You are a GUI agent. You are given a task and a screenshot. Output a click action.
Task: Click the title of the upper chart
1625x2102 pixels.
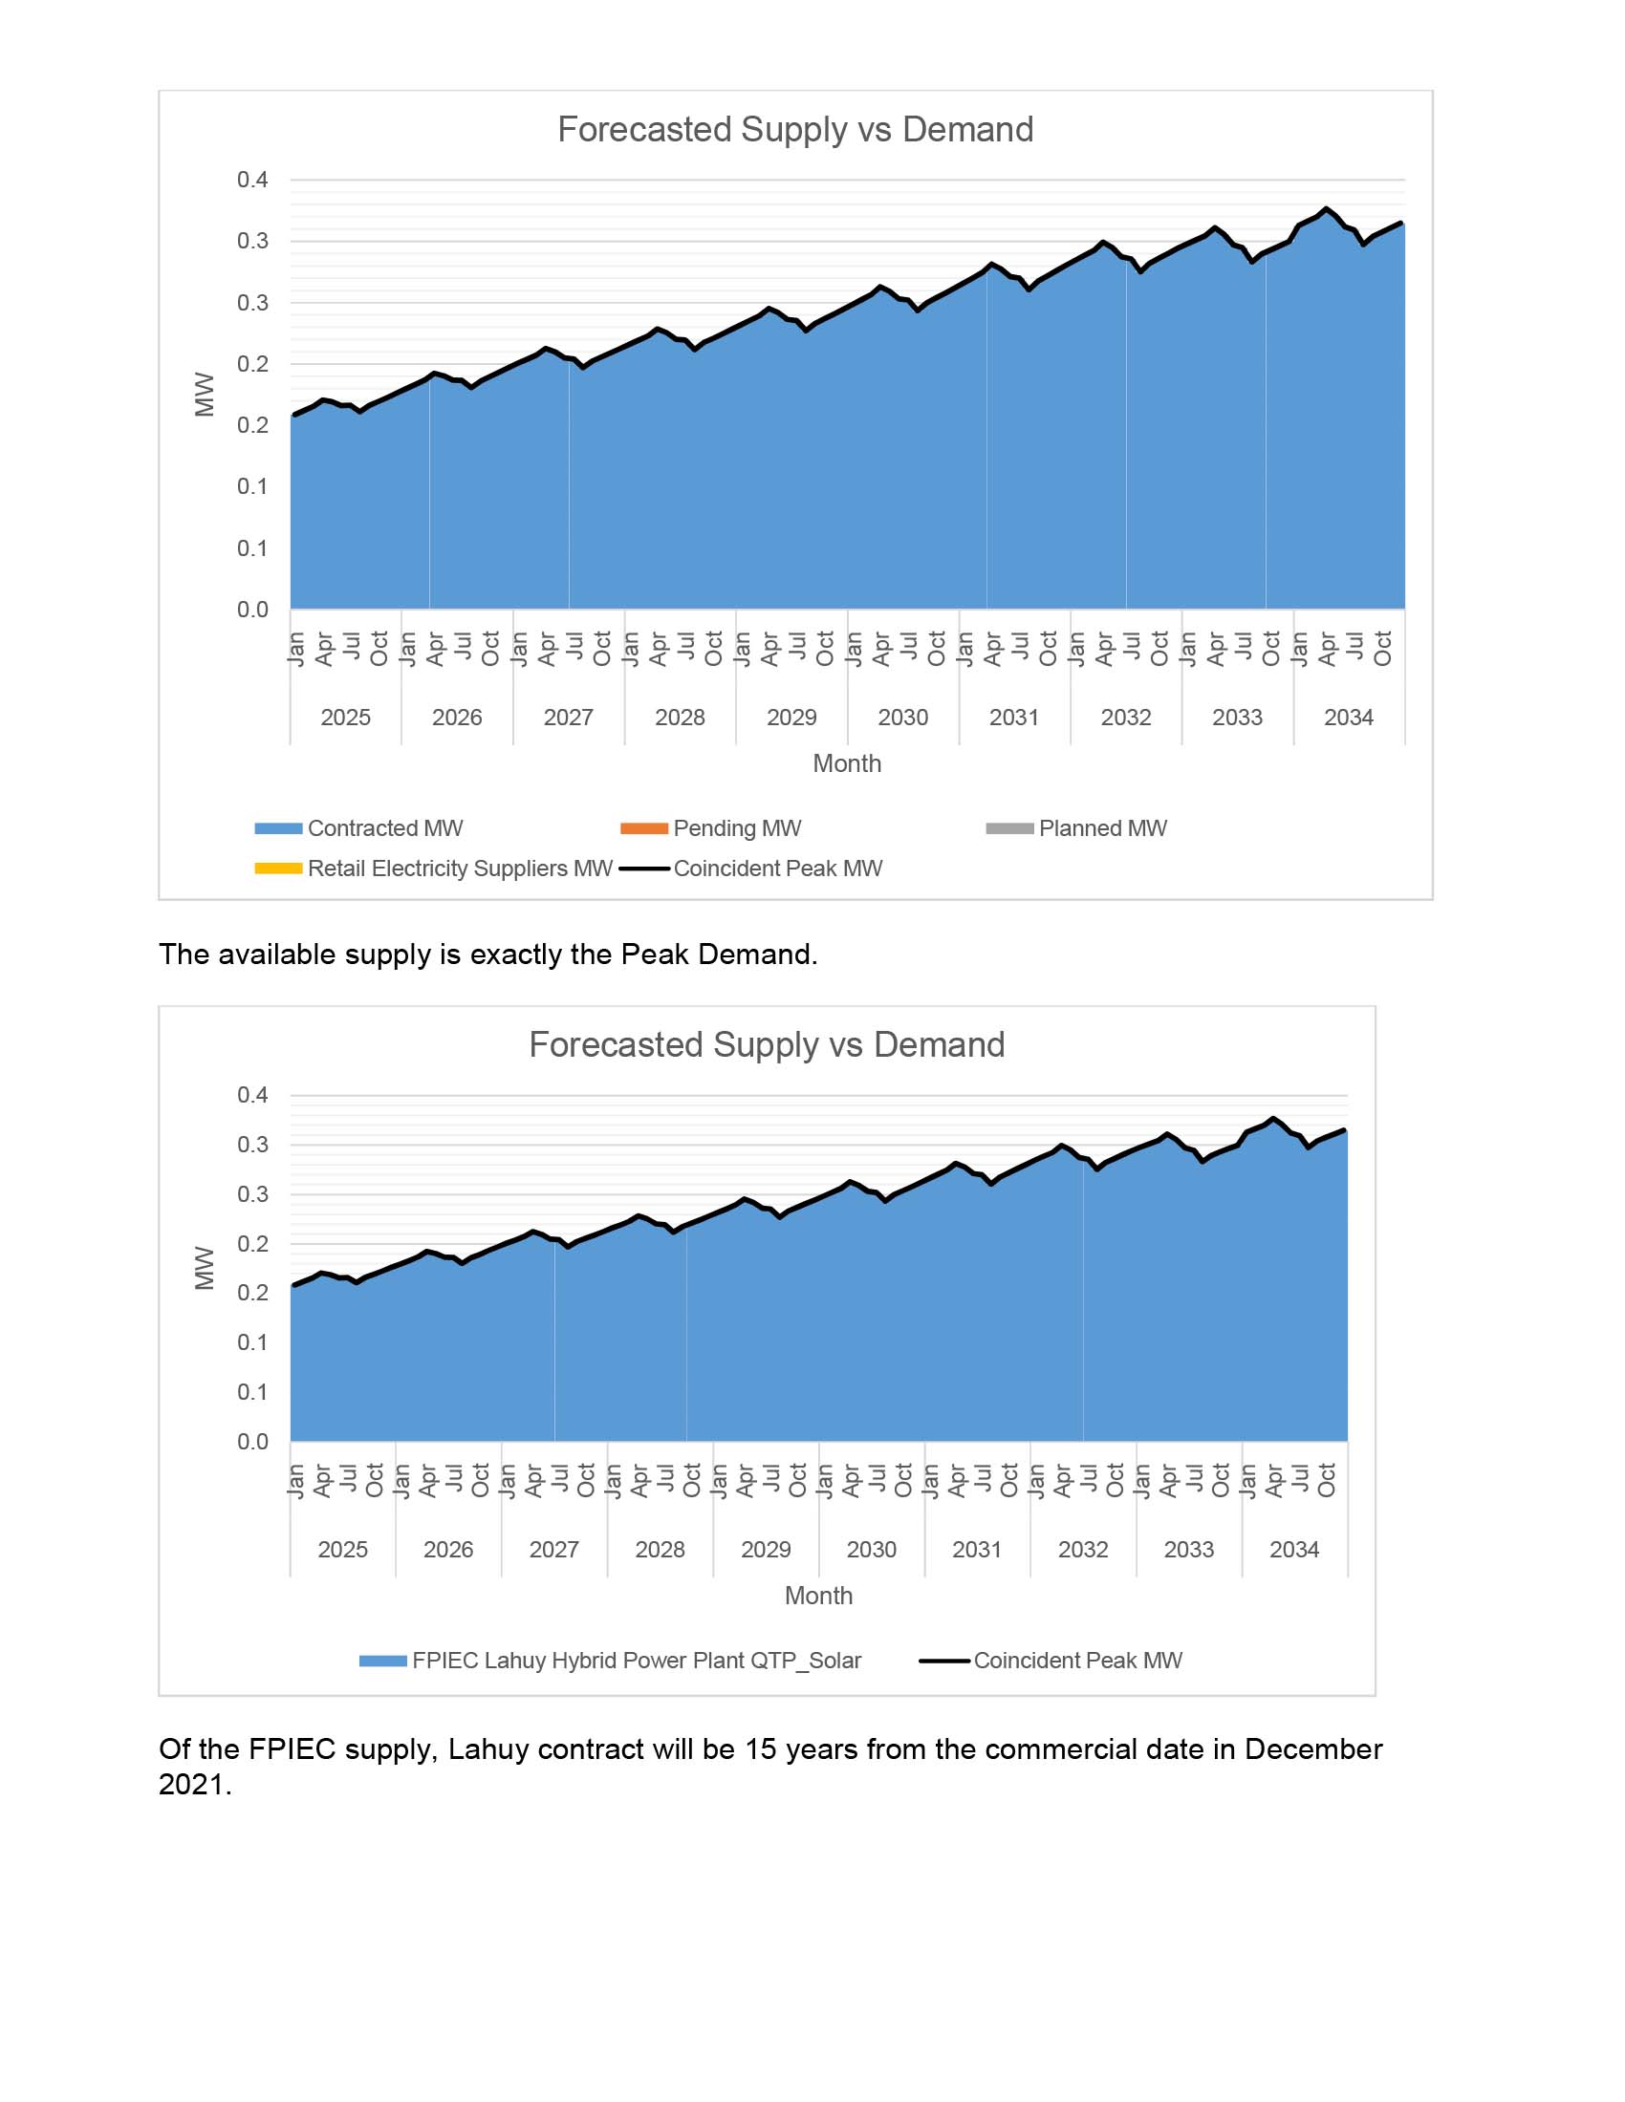(795, 129)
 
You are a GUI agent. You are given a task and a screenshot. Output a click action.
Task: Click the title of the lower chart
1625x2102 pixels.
(767, 1044)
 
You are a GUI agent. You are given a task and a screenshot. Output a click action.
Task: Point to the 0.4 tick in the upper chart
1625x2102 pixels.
(252, 180)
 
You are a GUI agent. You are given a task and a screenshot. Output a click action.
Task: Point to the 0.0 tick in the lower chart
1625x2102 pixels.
(252, 1441)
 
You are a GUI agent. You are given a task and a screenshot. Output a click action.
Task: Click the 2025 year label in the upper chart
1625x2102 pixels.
(345, 717)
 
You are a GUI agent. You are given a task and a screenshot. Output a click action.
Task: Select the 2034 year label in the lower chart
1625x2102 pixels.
(1294, 1550)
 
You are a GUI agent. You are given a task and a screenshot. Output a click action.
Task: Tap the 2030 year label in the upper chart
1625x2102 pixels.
(903, 717)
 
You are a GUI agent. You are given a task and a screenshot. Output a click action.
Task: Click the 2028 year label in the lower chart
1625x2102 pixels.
(660, 1550)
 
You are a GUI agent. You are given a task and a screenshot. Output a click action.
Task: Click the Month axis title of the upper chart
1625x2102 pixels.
(846, 763)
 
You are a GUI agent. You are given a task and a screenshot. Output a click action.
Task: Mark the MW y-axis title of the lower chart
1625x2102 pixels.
(205, 1268)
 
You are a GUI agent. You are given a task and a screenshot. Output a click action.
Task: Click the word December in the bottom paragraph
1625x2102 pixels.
(1313, 1748)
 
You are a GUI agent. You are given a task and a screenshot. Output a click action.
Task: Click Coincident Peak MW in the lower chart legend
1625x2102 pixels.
(1077, 1661)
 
